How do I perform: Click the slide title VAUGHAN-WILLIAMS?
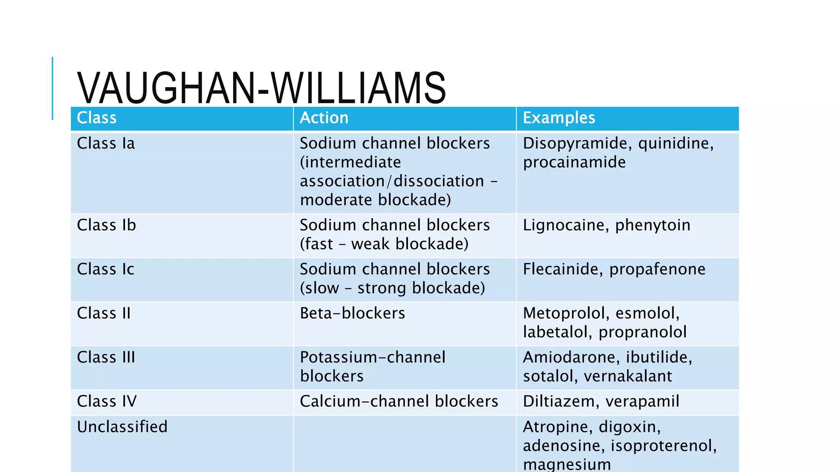point(261,88)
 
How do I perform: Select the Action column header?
point(324,118)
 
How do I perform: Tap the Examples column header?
point(559,118)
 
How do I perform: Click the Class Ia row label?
point(106,143)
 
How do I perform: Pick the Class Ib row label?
point(107,225)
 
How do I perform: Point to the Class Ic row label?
point(106,269)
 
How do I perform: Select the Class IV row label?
point(107,401)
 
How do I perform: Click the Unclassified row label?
point(122,427)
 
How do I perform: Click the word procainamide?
point(574,163)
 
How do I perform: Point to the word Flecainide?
point(562,269)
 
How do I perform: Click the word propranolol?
point(642,332)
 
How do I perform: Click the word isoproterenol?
point(663,446)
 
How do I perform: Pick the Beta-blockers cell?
point(352,313)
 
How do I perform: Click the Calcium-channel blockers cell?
point(399,402)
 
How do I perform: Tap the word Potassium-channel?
point(372,357)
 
